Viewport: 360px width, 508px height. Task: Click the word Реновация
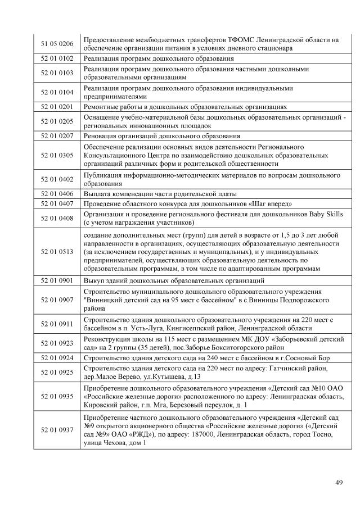[101, 136]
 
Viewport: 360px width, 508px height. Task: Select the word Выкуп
[94, 280]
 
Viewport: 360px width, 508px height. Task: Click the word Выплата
[98, 193]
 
